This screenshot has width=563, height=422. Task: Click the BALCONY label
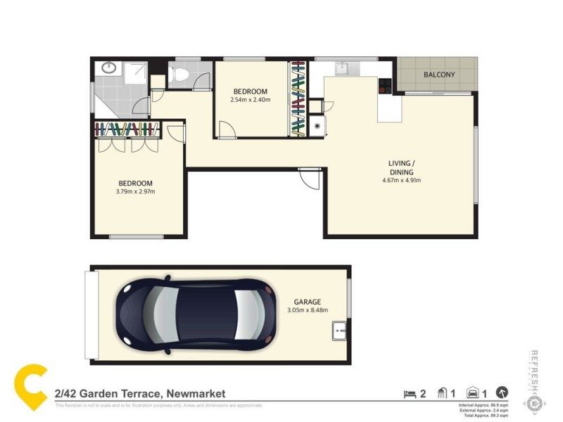(439, 75)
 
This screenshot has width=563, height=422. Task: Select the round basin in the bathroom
(108, 68)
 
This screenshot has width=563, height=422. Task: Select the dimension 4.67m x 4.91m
(401, 180)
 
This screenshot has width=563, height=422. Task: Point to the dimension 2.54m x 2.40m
(251, 100)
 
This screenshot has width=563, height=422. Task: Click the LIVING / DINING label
(401, 167)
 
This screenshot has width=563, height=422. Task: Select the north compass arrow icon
(502, 393)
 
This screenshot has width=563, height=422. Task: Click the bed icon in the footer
(410, 394)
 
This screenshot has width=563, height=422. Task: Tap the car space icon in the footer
(473, 393)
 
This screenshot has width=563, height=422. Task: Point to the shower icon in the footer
(442, 393)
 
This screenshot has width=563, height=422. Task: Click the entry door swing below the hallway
(308, 179)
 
